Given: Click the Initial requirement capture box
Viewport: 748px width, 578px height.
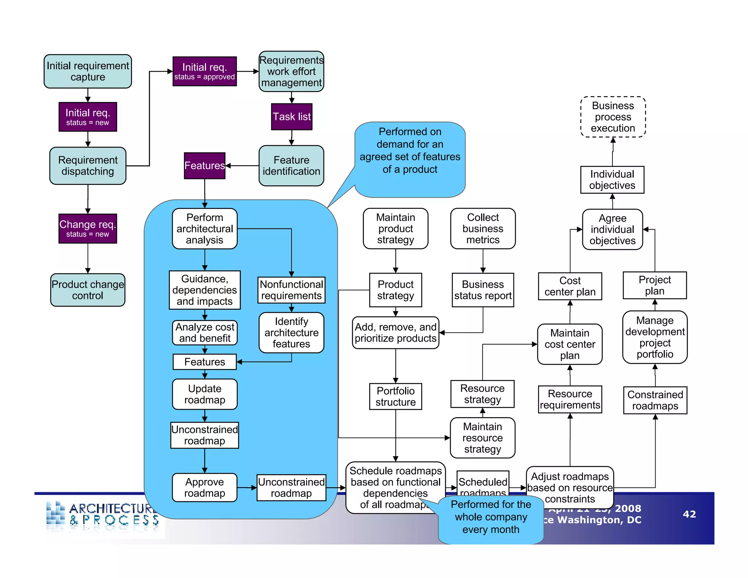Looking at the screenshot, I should click(x=88, y=71).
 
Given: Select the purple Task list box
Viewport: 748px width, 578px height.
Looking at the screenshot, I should click(x=291, y=117).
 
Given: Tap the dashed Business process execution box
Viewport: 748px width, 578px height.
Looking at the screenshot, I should click(x=613, y=117).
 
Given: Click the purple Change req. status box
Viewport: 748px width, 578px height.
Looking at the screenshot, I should click(x=88, y=228).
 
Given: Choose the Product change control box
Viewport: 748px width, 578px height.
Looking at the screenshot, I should click(x=88, y=290).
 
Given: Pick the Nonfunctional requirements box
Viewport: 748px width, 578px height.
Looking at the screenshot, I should click(x=291, y=290).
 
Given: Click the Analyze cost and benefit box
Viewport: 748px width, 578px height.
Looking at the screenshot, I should click(x=205, y=332).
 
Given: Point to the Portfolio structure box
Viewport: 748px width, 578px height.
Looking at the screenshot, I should click(x=396, y=396).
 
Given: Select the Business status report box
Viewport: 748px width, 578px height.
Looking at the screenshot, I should click(x=482, y=290).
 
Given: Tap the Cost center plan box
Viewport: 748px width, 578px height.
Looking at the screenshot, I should click(x=570, y=286).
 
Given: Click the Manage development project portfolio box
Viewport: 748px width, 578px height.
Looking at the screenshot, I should click(x=655, y=337).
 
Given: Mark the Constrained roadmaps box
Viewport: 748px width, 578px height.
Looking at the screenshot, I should click(x=655, y=400).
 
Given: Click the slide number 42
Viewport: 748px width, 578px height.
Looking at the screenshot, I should click(x=689, y=514).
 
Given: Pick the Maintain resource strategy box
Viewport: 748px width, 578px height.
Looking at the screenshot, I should click(x=482, y=438).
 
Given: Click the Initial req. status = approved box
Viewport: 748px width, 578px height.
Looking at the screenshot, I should click(x=205, y=71).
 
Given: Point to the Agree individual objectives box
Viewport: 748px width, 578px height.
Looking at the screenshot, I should click(x=612, y=229).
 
